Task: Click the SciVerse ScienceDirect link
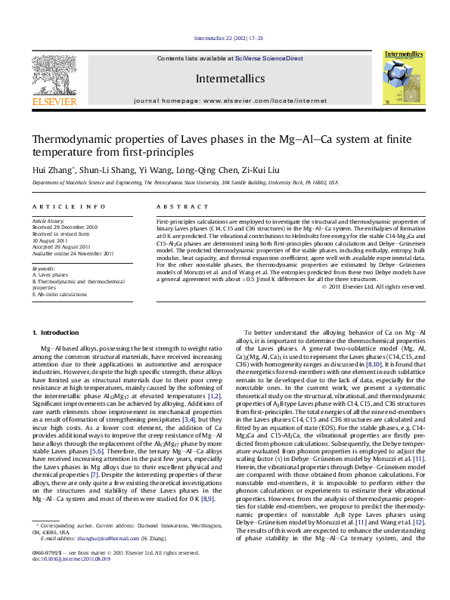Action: point(268,58)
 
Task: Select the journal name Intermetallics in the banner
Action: point(230,79)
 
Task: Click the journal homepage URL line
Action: point(230,100)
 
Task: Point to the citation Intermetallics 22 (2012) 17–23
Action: point(225,38)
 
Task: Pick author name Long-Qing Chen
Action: point(205,171)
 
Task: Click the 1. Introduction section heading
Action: point(58,333)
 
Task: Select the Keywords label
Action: point(44,268)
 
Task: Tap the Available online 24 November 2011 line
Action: point(73,253)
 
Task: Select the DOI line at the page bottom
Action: point(66,580)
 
